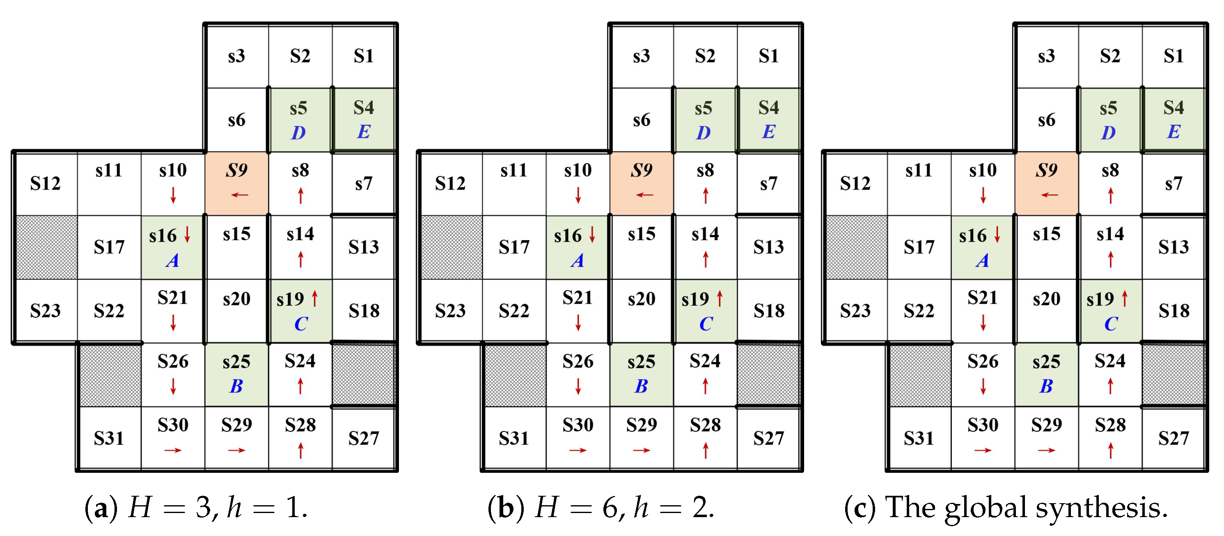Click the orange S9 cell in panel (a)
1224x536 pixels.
click(x=236, y=183)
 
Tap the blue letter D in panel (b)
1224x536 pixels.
click(x=703, y=133)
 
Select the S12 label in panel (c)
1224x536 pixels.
click(x=855, y=183)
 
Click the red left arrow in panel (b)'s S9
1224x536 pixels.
click(x=644, y=195)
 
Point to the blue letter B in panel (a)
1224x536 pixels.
click(x=236, y=386)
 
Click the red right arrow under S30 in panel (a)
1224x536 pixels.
click(x=173, y=450)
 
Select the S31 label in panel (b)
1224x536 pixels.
click(x=513, y=438)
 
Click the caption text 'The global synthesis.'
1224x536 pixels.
click(x=1026, y=508)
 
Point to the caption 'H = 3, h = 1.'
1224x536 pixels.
click(x=218, y=508)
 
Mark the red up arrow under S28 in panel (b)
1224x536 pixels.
click(x=706, y=450)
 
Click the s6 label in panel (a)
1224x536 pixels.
click(x=236, y=120)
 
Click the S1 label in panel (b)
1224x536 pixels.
click(x=768, y=56)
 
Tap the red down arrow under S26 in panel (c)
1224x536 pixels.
click(x=983, y=386)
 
